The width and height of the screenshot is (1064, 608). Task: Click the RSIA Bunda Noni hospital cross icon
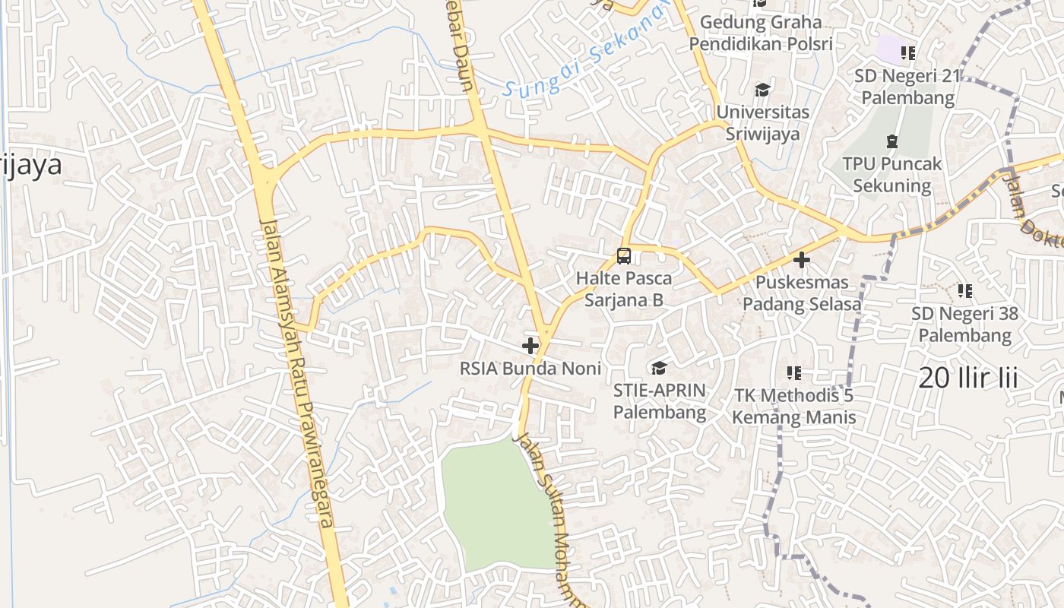(530, 346)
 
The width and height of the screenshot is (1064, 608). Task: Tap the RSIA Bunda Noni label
(530, 369)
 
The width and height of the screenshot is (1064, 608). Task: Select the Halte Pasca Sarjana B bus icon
(624, 256)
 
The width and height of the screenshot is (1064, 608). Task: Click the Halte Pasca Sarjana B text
(624, 290)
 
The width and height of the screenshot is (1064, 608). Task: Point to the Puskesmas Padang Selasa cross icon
(802, 260)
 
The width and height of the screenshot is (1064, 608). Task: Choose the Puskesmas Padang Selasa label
(802, 293)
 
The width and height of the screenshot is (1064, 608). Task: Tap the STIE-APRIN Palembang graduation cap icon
(659, 369)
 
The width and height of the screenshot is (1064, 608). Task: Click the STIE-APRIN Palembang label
(660, 402)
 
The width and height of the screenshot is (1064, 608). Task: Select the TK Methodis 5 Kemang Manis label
(794, 407)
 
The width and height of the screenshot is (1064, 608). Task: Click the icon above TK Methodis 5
(794, 373)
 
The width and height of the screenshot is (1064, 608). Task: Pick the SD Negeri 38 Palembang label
(965, 325)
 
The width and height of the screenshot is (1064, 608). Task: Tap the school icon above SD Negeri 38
(965, 291)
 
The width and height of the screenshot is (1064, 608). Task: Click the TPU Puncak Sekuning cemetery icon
(892, 141)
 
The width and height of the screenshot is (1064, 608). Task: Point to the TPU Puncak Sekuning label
(892, 175)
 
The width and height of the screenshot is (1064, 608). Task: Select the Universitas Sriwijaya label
(762, 123)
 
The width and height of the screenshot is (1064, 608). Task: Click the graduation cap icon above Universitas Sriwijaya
(762, 90)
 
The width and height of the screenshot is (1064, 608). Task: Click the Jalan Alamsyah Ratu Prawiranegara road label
(297, 372)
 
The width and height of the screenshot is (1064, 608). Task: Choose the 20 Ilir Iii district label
(967, 378)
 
